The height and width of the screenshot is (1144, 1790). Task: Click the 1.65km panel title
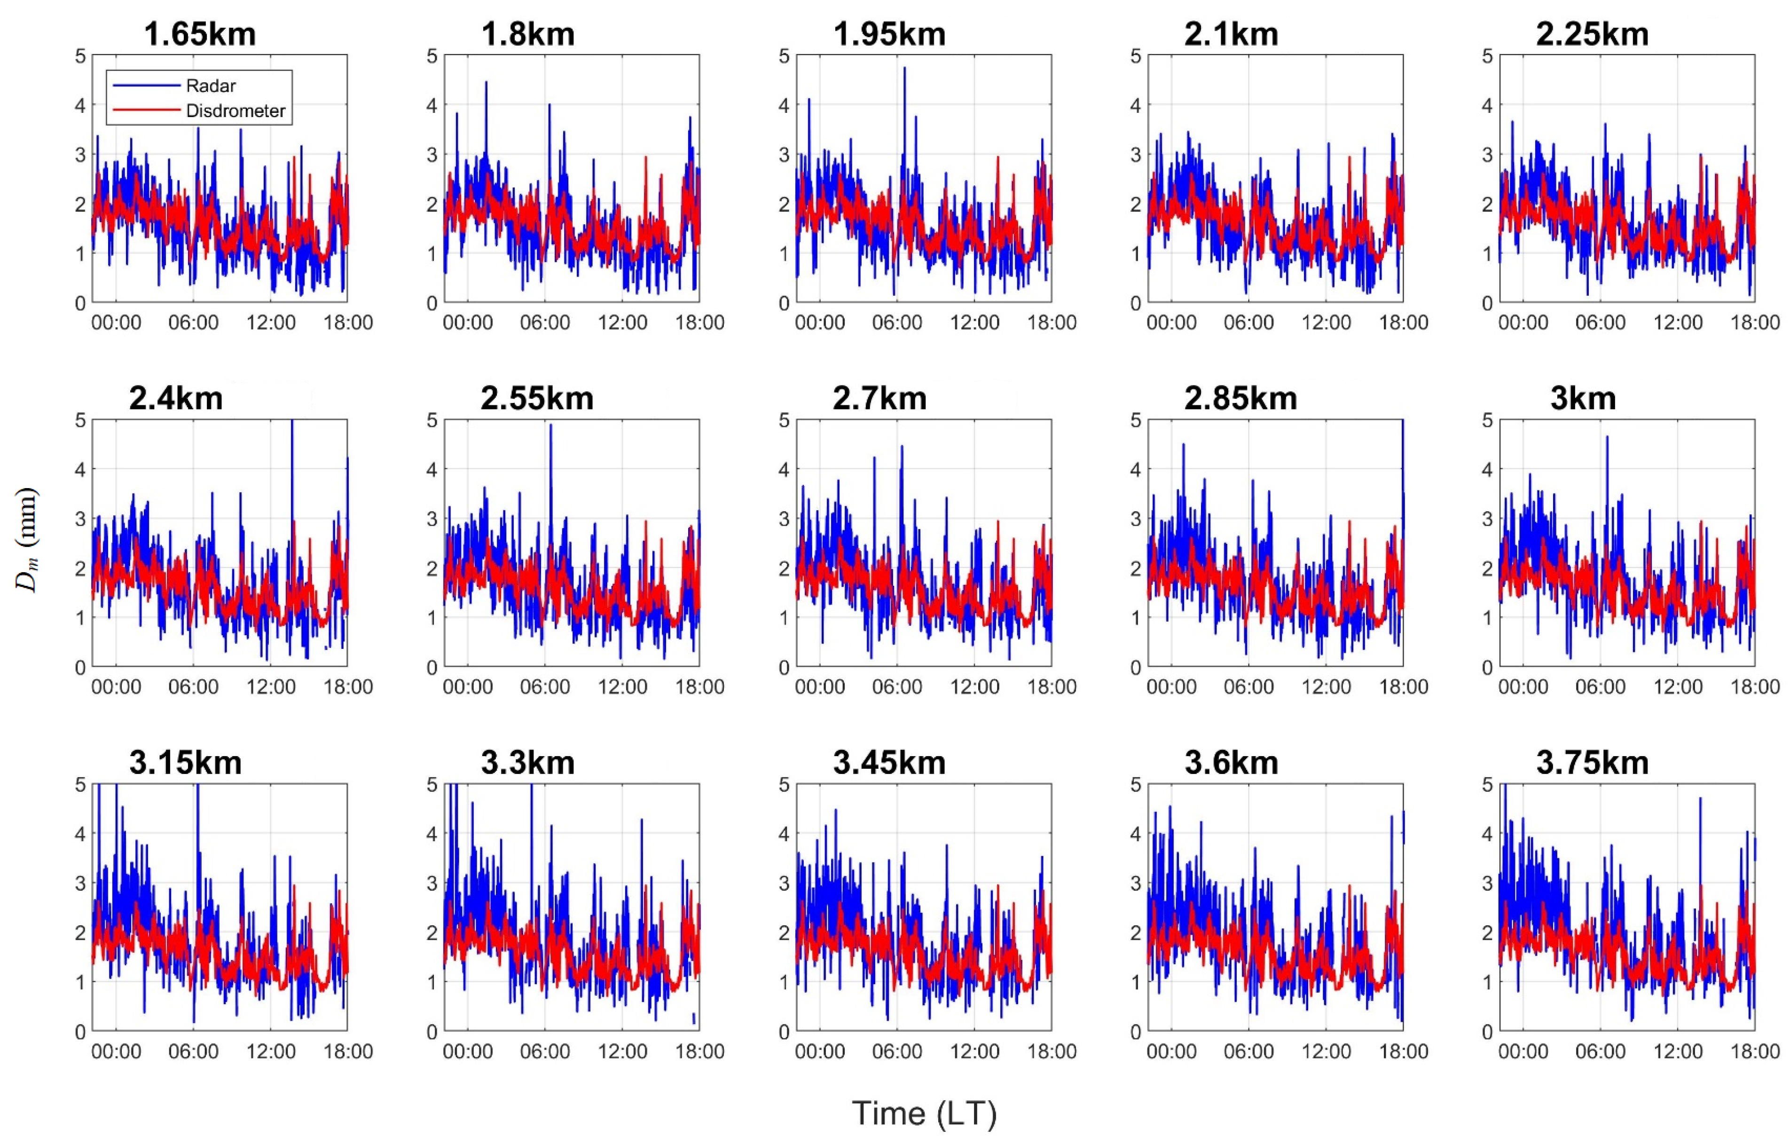(199, 35)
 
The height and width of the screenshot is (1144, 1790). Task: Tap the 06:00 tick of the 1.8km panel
(545, 323)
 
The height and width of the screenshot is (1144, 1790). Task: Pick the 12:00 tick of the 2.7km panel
(974, 687)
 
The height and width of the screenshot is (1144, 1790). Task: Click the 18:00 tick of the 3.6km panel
(1404, 1051)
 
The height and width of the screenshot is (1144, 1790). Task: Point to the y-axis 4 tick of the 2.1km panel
(1134, 105)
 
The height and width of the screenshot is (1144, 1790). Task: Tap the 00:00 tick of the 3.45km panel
(819, 1051)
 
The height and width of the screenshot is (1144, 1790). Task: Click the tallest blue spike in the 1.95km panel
(905, 68)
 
